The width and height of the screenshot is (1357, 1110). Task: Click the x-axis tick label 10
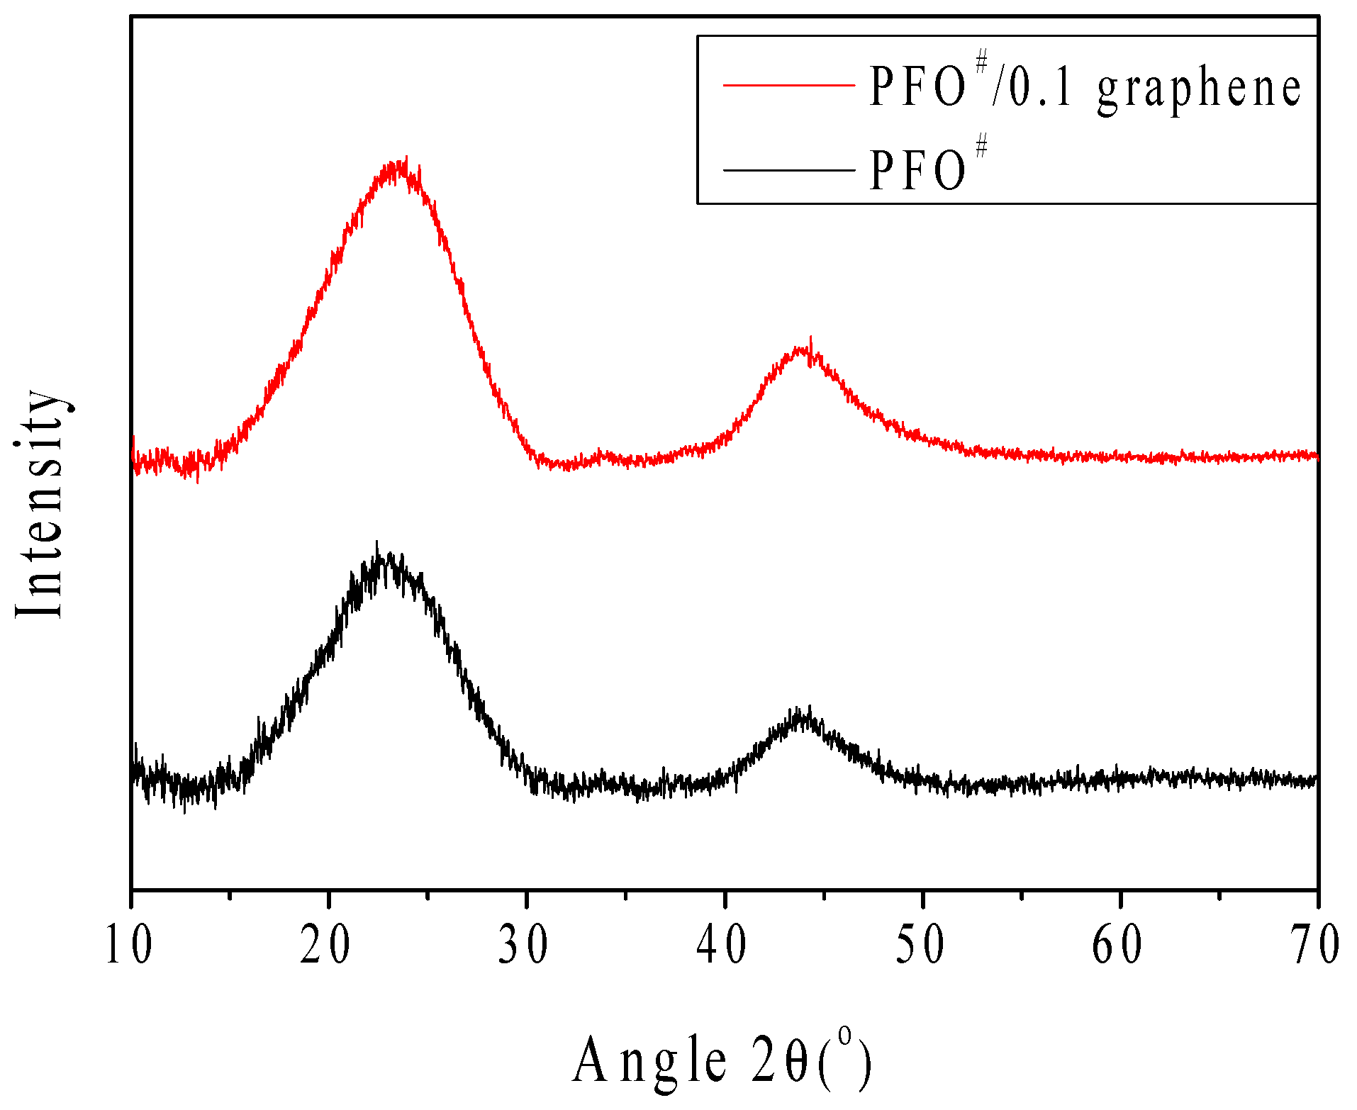pyautogui.click(x=128, y=945)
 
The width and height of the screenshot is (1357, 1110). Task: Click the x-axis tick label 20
pyautogui.click(x=325, y=945)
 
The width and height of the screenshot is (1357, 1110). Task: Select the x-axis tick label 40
pyautogui.click(x=722, y=945)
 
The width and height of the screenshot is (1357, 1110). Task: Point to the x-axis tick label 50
pyautogui.click(x=920, y=945)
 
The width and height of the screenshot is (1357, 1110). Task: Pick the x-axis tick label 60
pyautogui.click(x=1117, y=945)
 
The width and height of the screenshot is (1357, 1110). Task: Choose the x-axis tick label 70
pyautogui.click(x=1315, y=945)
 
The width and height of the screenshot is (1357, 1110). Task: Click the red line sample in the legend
pyautogui.click(x=788, y=86)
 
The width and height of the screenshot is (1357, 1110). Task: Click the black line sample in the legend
pyautogui.click(x=788, y=170)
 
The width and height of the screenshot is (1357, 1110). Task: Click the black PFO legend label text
pyautogui.click(x=918, y=170)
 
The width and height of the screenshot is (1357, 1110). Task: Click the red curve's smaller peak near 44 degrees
pyautogui.click(x=805, y=347)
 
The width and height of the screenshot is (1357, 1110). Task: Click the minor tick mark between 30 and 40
pyautogui.click(x=625, y=896)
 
